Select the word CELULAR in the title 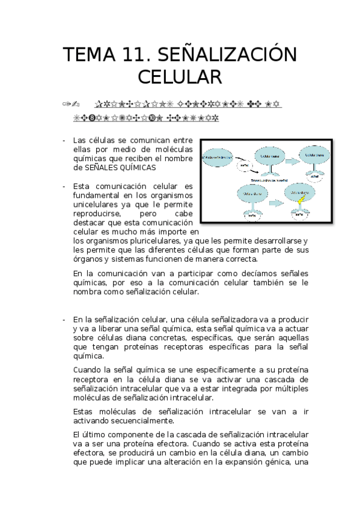pyautogui.click(x=180, y=78)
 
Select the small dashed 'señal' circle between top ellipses pyautogui.click(x=243, y=165)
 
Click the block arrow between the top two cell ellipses pyautogui.click(x=291, y=161)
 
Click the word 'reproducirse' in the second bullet pyautogui.click(x=96, y=214)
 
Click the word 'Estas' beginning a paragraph pyautogui.click(x=83, y=411)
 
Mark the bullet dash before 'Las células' pyautogui.click(x=64, y=140)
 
